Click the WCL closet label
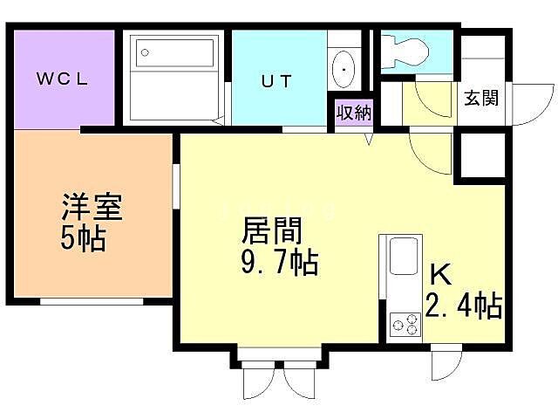coord(62,79)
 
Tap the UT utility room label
coord(276,81)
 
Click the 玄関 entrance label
coord(481,98)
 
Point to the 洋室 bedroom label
coord(91,209)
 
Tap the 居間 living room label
coord(271,232)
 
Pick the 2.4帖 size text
coord(462,306)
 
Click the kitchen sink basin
coord(403,257)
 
